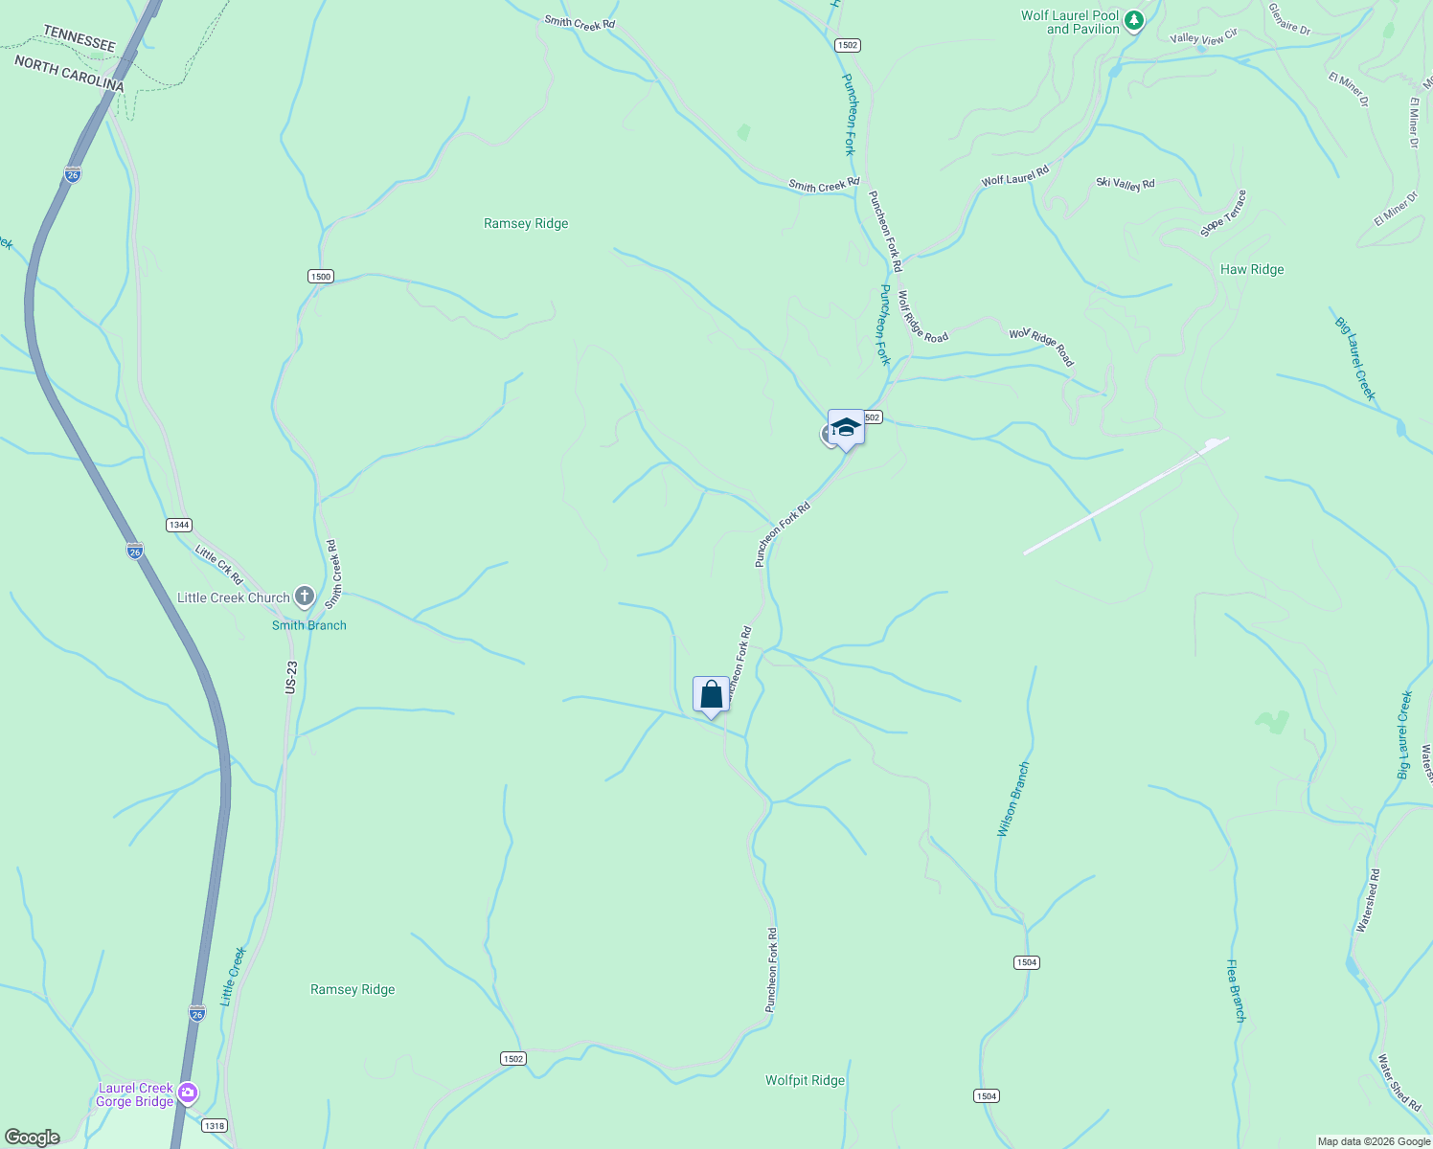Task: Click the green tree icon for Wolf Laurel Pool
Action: [1134, 21]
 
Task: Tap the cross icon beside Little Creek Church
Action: [305, 597]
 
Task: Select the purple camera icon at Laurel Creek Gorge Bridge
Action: [188, 1093]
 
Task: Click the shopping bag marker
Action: [711, 694]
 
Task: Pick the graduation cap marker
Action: [846, 427]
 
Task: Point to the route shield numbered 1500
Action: [320, 277]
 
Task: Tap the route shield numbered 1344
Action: [179, 525]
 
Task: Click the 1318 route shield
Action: [215, 1126]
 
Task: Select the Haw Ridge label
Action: [1252, 270]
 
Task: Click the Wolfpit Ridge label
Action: [805, 1081]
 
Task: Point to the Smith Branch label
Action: [308, 625]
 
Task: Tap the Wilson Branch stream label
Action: [1013, 800]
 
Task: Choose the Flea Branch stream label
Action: [1237, 991]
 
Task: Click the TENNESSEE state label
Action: [80, 39]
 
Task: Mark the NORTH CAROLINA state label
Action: [69, 74]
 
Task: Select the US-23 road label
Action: [291, 678]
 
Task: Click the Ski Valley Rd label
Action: [1126, 183]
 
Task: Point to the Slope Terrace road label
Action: [1224, 214]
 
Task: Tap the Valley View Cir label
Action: [1204, 37]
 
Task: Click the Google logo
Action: [32, 1138]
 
